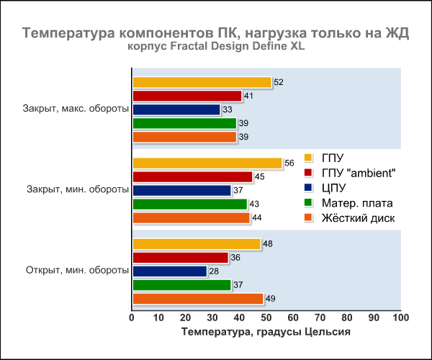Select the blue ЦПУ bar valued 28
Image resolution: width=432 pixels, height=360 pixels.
[169, 271]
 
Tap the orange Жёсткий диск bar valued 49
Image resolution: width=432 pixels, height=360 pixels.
[198, 299]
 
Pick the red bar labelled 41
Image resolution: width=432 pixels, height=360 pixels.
[187, 96]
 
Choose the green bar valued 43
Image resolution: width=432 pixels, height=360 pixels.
[189, 204]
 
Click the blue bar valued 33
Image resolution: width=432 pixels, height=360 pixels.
[176, 109]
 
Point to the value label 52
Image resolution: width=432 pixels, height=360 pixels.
[279, 83]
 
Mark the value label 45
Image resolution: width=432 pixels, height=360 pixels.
[259, 177]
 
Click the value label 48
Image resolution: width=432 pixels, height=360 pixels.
[268, 244]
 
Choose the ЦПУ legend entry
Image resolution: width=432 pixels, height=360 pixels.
[336, 188]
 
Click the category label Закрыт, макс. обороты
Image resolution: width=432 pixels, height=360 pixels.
[76, 109]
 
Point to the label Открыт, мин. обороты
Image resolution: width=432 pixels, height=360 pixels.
[77, 271]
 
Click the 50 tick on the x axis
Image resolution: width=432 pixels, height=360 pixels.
[266, 318]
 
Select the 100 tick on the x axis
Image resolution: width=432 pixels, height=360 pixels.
[400, 318]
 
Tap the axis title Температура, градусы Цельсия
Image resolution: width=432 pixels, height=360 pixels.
[266, 332]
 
